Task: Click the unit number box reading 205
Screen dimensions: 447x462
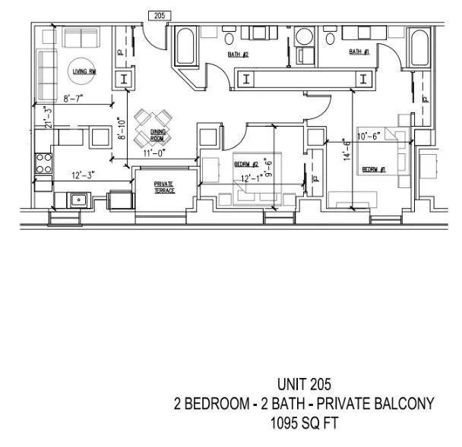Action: point(159,15)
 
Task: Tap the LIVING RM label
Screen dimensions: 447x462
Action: point(82,71)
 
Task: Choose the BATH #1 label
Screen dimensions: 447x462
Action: point(359,52)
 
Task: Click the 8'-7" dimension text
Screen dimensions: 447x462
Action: point(76,98)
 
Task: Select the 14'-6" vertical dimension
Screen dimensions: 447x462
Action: point(346,150)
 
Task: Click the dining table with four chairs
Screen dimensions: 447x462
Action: point(151,127)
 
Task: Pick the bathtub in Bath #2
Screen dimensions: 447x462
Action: point(184,48)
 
